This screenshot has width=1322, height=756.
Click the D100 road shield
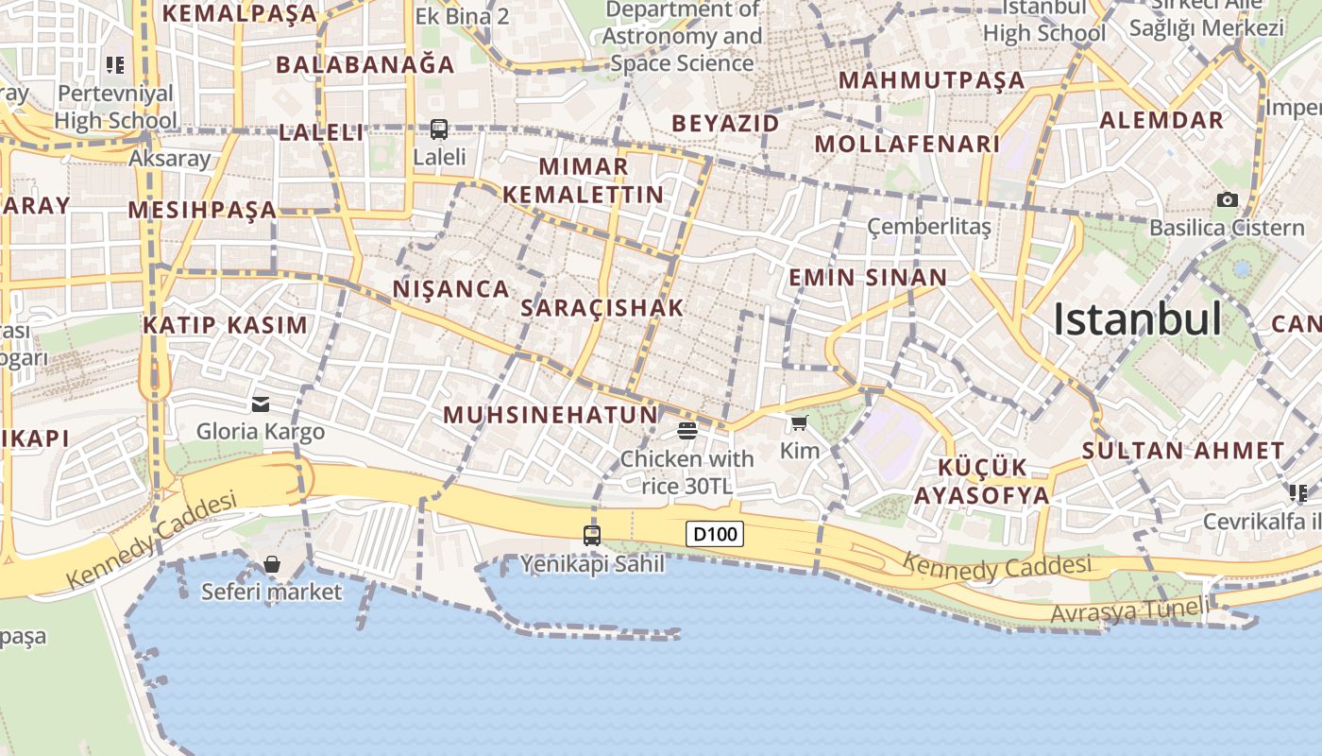click(x=715, y=534)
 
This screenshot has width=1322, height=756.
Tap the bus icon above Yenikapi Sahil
click(x=592, y=536)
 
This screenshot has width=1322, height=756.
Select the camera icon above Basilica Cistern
click(x=1227, y=199)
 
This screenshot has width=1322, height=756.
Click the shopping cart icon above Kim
click(x=800, y=422)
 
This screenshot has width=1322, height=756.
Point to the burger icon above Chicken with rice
click(x=687, y=432)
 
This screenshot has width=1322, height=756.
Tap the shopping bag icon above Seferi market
click(x=272, y=564)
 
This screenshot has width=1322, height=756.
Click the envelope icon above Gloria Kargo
click(x=261, y=404)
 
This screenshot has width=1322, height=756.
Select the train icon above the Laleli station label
click(x=439, y=129)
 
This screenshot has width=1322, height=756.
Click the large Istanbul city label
click(x=1137, y=319)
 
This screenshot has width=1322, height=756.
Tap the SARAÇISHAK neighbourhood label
click(x=602, y=308)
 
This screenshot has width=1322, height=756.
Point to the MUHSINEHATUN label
click(x=551, y=415)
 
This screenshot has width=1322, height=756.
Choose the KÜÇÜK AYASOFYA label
click(x=982, y=482)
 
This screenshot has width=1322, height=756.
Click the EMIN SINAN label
click(x=867, y=278)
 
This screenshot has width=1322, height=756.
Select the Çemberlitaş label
click(x=929, y=227)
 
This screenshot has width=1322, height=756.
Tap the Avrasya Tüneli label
click(x=1129, y=611)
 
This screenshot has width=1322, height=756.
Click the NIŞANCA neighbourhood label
click(x=451, y=289)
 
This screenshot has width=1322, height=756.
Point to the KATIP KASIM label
click(x=226, y=325)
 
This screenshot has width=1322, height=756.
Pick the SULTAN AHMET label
click(x=1183, y=451)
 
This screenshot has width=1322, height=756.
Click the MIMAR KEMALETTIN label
click(x=584, y=180)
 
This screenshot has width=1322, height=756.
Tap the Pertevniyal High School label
click(x=115, y=107)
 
